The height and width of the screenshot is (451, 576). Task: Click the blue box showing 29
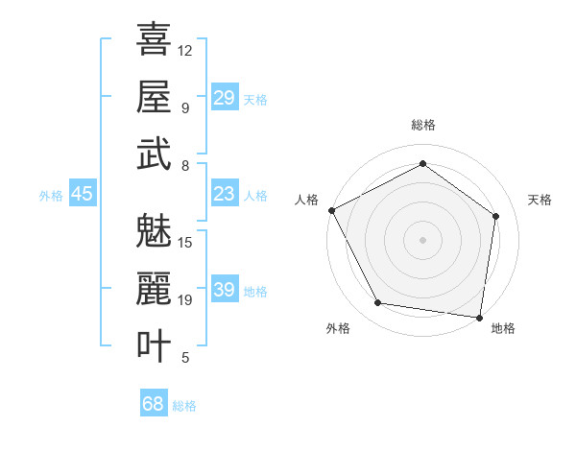tap(224, 98)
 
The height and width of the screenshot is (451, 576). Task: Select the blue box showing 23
tap(224, 195)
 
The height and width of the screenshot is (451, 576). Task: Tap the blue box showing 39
tap(224, 291)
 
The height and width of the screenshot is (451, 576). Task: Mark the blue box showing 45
tap(82, 195)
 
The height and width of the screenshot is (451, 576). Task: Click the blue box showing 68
tap(154, 404)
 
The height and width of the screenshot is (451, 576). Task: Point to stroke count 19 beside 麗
tap(185, 300)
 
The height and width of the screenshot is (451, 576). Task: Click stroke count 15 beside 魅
tap(185, 242)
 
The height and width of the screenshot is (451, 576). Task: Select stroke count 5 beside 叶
tap(184, 358)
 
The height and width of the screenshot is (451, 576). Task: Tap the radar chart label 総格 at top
tap(422, 125)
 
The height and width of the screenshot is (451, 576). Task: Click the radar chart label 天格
tap(540, 200)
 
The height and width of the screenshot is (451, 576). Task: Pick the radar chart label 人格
tap(307, 200)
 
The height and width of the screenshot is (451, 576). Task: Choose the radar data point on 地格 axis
tap(480, 317)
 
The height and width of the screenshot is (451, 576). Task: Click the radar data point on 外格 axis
tap(378, 303)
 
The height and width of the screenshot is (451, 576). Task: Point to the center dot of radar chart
tap(422, 239)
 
